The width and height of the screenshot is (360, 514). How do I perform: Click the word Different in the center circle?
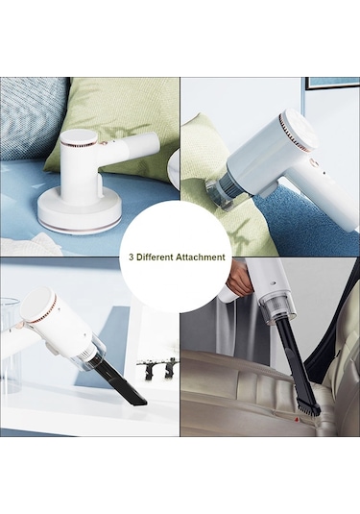[x=155, y=257]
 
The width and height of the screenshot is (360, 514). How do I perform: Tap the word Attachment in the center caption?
[x=201, y=257]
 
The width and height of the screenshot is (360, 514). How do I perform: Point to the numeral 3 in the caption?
[x=131, y=257]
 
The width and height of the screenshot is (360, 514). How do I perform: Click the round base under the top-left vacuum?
[x=79, y=213]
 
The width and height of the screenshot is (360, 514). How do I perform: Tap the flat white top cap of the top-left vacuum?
[x=79, y=137]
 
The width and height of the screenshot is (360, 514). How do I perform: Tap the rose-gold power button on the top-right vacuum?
[x=312, y=162]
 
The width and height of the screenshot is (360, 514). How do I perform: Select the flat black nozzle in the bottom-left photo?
[x=120, y=384]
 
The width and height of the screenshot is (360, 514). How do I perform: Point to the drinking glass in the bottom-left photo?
[x=11, y=344]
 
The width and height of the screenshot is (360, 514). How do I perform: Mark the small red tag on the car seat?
[x=297, y=419]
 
